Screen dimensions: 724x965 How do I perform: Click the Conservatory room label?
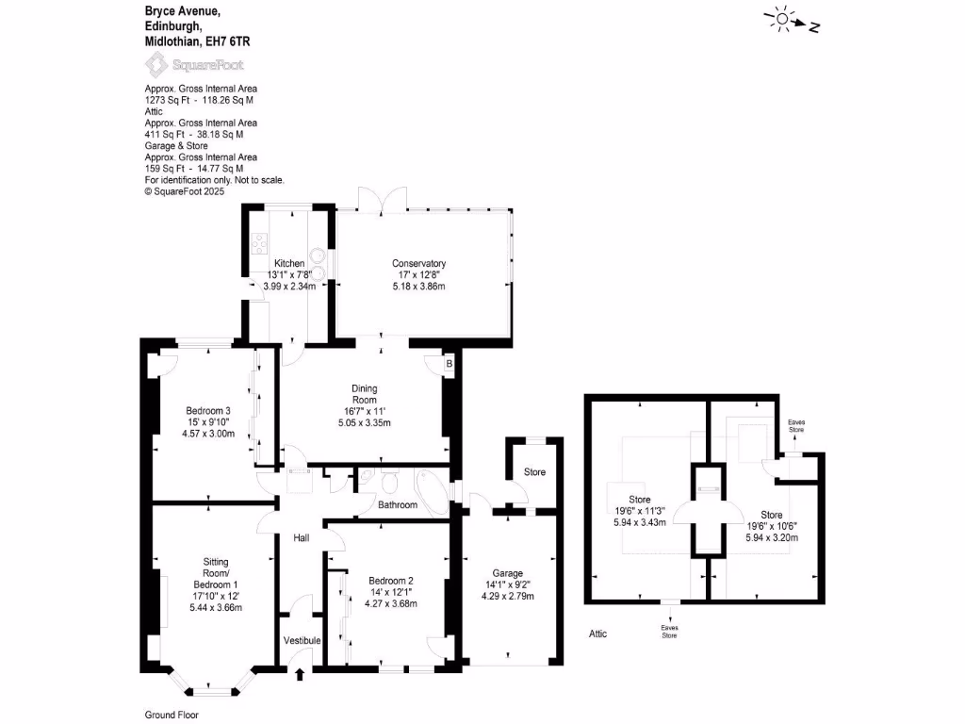pos(418,263)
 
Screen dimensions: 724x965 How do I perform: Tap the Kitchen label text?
pos(288,263)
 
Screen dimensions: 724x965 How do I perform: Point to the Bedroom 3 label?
pos(208,410)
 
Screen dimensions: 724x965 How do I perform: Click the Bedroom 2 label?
pos(391,581)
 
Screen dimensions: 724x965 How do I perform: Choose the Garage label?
pos(507,573)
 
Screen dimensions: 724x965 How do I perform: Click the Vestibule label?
pos(303,641)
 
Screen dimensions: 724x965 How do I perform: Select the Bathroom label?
pos(398,505)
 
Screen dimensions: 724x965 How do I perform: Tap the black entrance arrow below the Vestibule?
pos(301,673)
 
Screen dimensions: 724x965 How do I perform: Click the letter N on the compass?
pos(814,27)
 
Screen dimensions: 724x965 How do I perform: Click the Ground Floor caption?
pos(172,715)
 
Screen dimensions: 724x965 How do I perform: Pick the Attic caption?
pos(597,633)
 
